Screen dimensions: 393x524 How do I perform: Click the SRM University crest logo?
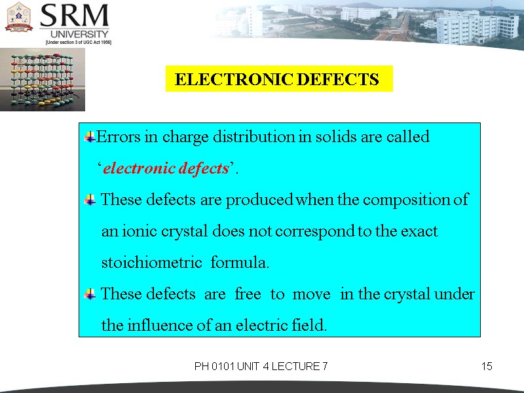pyautogui.click(x=19, y=18)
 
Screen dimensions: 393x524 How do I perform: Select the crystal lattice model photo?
pyautogui.click(x=43, y=79)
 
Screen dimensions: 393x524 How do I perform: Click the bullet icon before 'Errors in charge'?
pyautogui.click(x=90, y=137)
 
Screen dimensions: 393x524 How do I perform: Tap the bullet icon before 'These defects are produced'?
pyautogui.click(x=90, y=200)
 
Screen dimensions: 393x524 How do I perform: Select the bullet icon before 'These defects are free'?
pyautogui.click(x=90, y=295)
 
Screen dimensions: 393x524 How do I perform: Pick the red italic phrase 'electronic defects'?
pyautogui.click(x=166, y=168)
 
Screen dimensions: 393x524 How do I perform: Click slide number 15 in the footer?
pyautogui.click(x=486, y=366)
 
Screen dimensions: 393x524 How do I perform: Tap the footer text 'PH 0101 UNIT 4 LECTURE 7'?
pyautogui.click(x=261, y=366)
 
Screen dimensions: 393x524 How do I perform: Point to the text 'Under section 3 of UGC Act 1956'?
pyautogui.click(x=78, y=42)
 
